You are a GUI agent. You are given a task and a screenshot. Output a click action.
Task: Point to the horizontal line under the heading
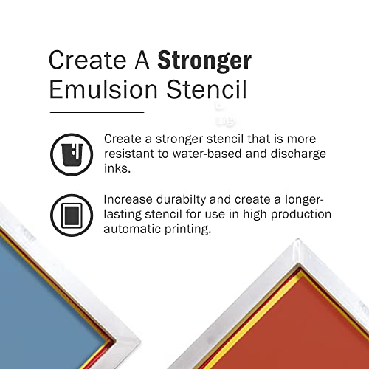click(x=96, y=112)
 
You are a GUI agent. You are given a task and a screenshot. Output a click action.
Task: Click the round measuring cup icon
click(x=71, y=154)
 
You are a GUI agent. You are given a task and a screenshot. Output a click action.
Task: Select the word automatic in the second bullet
click(x=133, y=230)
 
